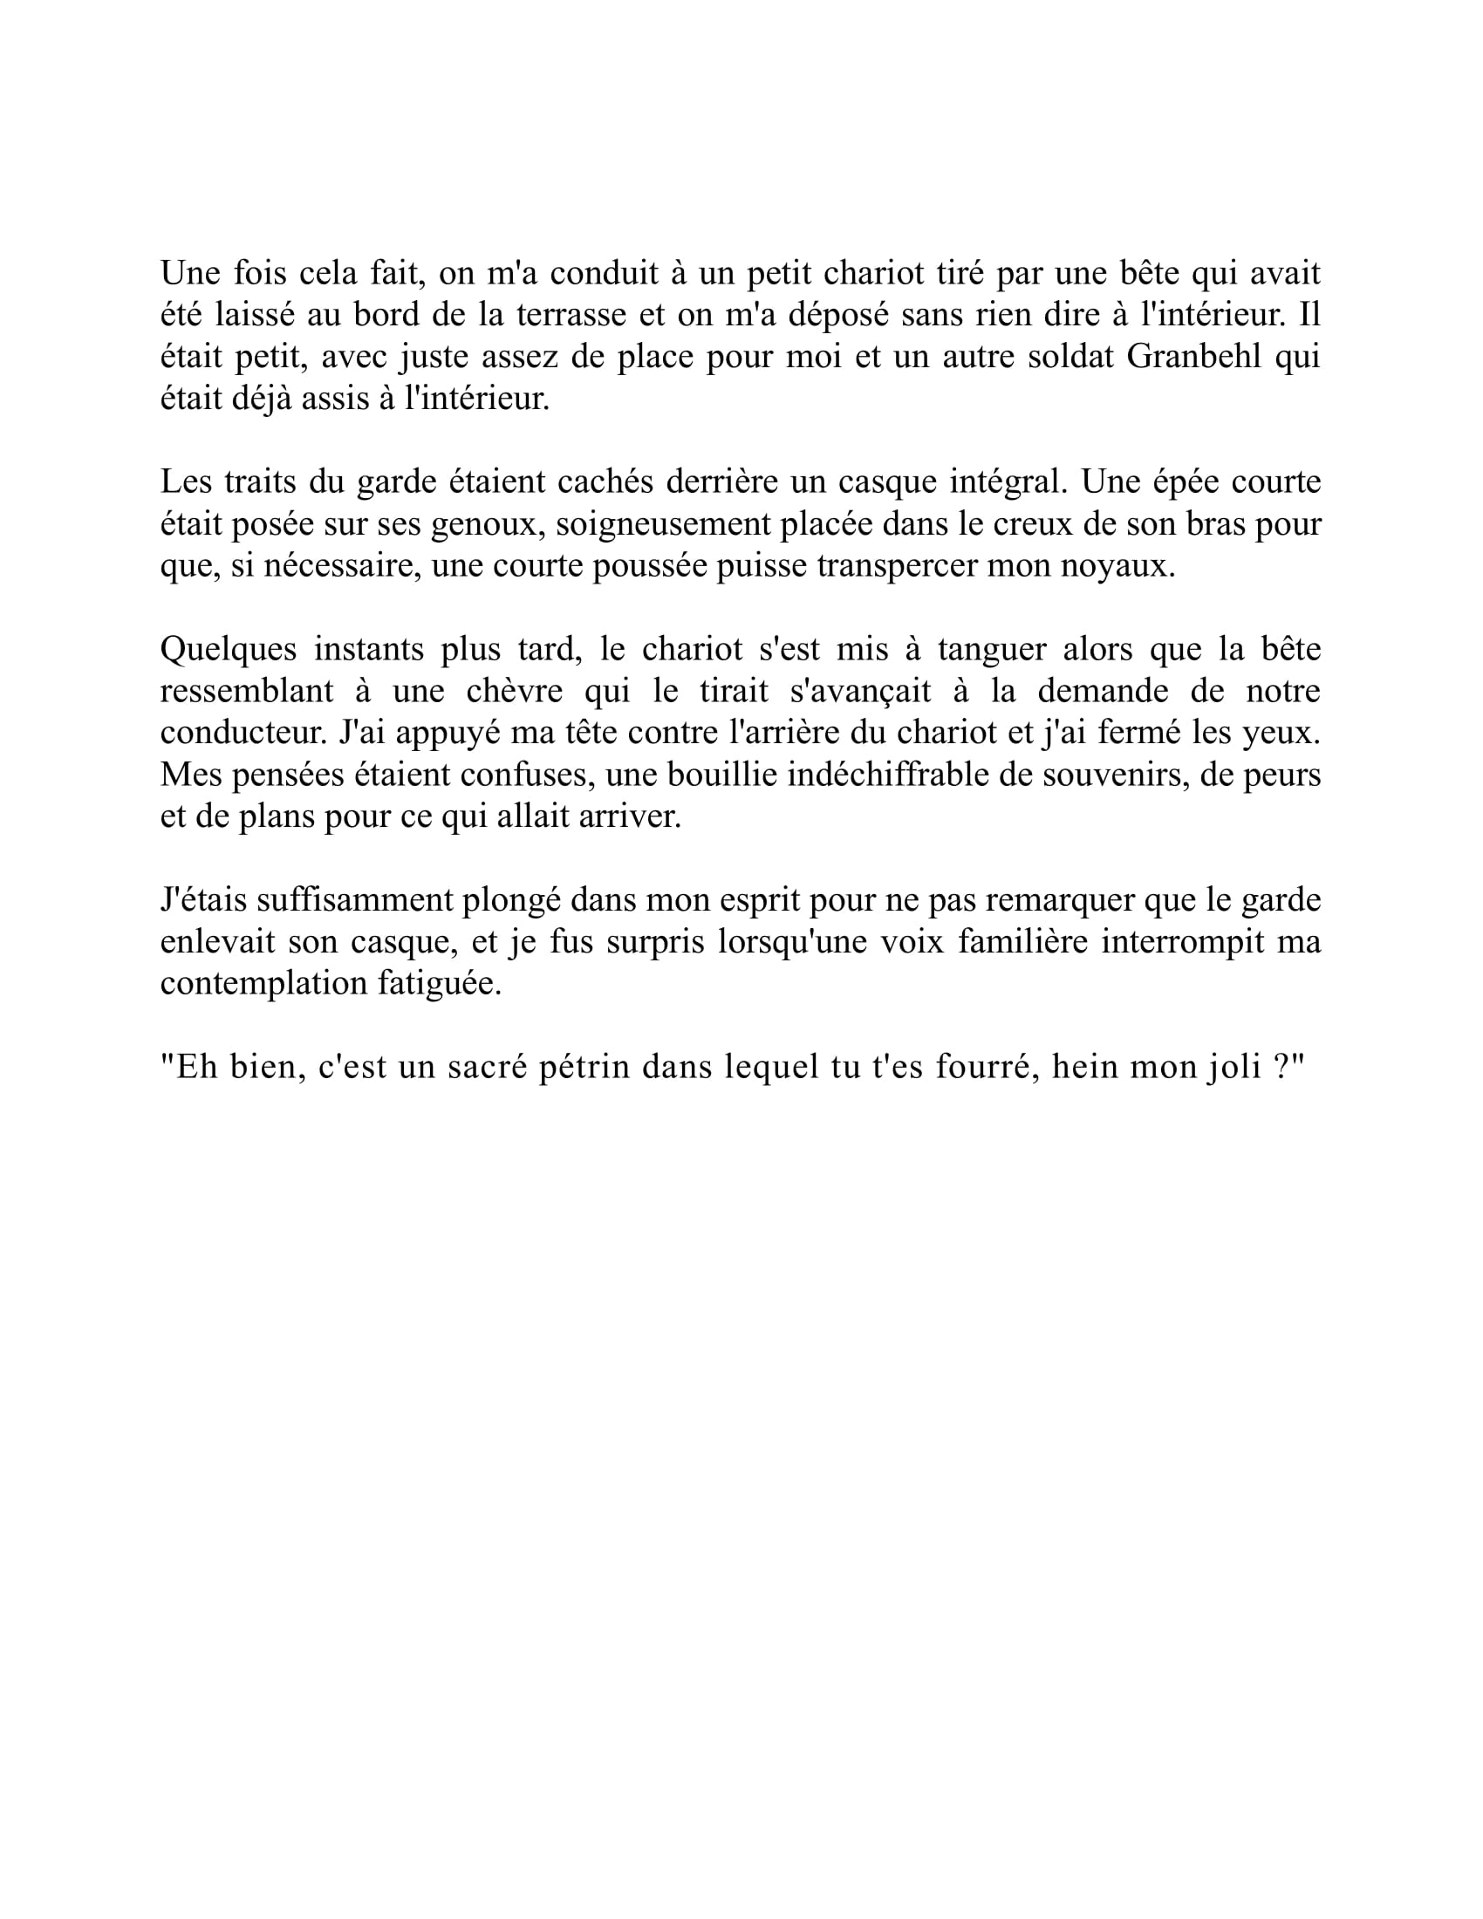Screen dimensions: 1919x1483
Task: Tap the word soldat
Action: [1061, 358]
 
